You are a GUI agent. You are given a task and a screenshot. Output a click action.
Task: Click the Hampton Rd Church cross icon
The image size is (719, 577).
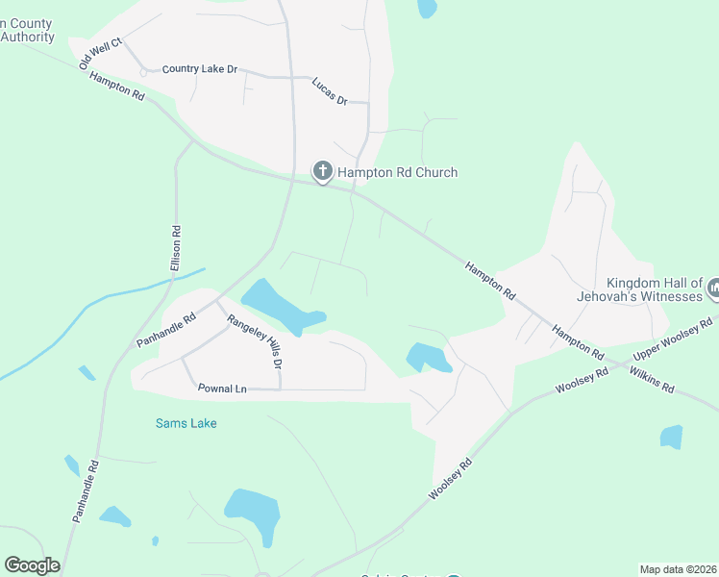click(323, 172)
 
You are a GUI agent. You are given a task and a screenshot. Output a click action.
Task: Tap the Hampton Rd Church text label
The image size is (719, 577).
click(397, 173)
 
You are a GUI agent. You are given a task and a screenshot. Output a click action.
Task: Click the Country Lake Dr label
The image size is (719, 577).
click(199, 70)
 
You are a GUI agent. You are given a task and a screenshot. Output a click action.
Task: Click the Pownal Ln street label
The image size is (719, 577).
click(222, 389)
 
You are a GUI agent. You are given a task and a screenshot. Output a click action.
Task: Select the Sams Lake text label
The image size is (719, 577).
click(186, 423)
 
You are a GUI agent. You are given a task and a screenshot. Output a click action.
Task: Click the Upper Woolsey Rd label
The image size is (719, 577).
click(673, 340)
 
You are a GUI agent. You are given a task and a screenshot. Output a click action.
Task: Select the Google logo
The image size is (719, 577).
click(32, 565)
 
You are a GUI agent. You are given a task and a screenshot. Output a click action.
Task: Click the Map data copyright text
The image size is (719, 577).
click(677, 569)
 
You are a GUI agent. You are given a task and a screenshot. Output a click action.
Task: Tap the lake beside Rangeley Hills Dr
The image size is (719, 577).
click(281, 307)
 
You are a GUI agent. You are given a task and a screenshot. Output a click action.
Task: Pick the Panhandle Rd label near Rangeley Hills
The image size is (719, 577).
click(166, 329)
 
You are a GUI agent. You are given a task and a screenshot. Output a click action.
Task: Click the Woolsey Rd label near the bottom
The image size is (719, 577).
click(451, 478)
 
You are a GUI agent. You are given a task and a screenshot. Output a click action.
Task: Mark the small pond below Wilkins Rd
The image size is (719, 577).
click(671, 437)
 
